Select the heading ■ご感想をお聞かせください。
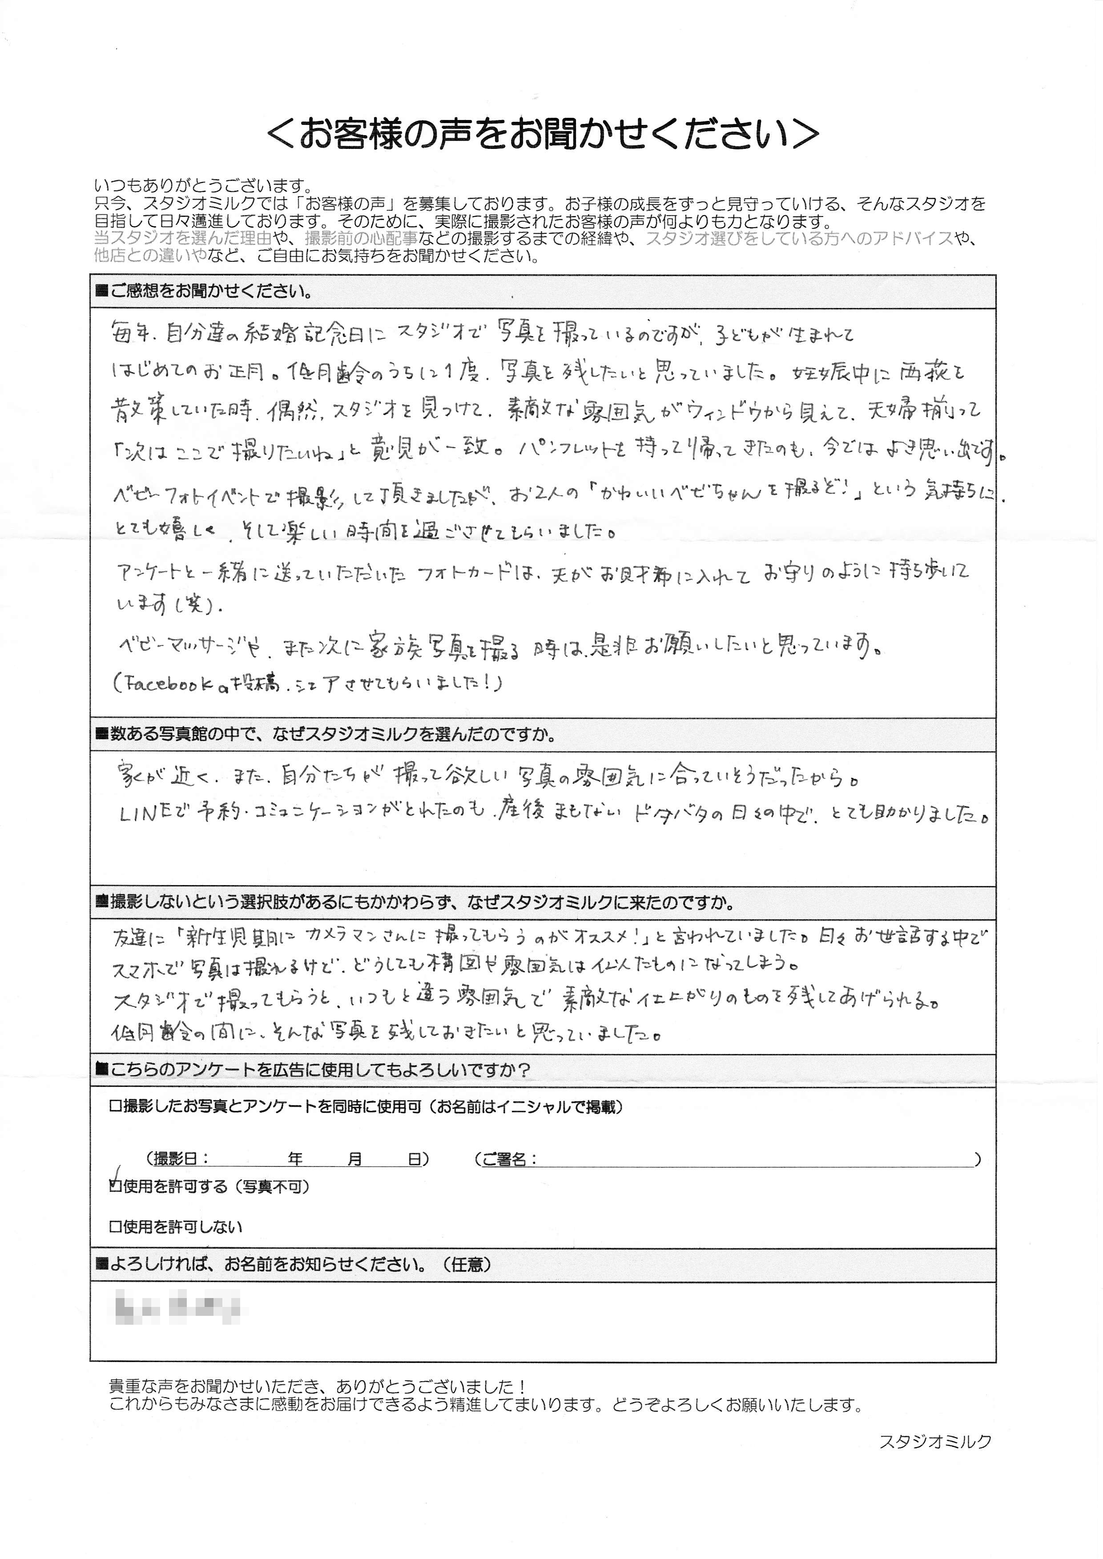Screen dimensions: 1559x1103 [x=204, y=292]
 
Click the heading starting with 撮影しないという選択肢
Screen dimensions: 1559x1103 [x=415, y=902]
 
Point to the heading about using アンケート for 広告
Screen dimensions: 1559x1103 [x=312, y=1070]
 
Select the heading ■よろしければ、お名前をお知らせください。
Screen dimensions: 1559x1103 [x=292, y=1264]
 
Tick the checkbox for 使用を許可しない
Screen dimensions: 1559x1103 [x=115, y=1227]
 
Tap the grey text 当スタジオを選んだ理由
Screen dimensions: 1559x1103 [x=183, y=238]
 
